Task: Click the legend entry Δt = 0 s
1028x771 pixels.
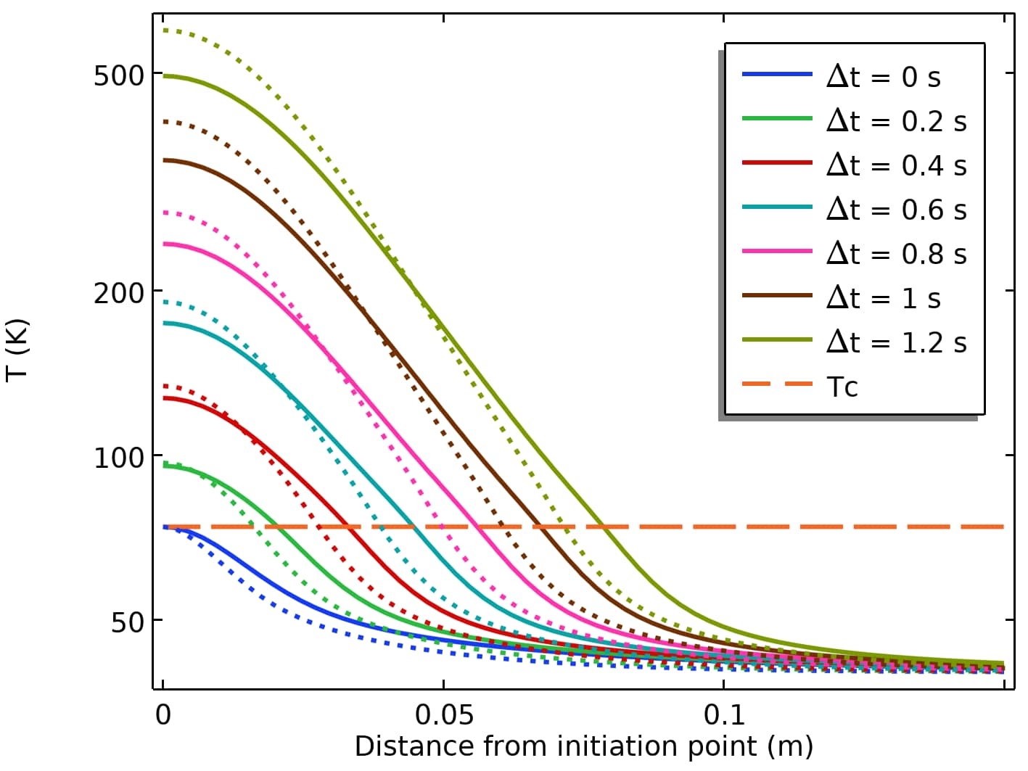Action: [x=883, y=76]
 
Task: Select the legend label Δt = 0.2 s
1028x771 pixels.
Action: [x=896, y=120]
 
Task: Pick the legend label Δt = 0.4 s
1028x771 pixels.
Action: [x=896, y=165]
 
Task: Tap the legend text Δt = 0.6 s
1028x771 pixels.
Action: [x=896, y=209]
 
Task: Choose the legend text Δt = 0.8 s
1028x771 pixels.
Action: [x=896, y=253]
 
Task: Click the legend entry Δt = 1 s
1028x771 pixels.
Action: [x=883, y=297]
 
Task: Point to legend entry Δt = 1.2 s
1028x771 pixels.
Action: [x=896, y=342]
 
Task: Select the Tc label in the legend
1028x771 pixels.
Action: [x=842, y=387]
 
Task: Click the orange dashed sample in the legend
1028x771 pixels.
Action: [x=776, y=383]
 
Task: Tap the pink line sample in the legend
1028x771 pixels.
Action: [x=776, y=250]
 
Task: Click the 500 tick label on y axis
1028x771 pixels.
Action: [x=118, y=75]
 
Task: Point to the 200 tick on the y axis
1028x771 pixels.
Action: [x=118, y=293]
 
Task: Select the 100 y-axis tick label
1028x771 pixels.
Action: [x=118, y=458]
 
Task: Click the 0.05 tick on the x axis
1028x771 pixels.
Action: [x=444, y=715]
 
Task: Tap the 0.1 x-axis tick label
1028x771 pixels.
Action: [x=724, y=715]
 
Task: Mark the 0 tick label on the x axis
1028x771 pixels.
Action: [x=163, y=715]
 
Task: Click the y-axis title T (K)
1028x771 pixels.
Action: [x=17, y=348]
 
